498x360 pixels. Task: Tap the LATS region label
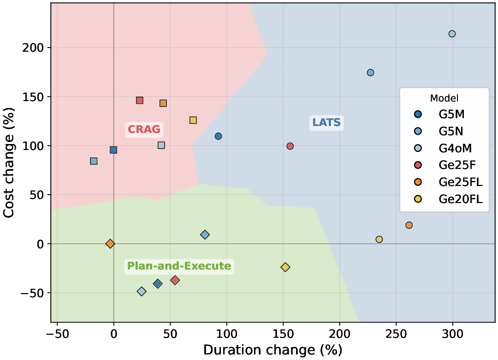(x=326, y=122)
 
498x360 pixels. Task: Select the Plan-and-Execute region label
(x=179, y=266)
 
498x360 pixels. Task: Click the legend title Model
(x=444, y=98)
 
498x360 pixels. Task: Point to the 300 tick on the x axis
(x=452, y=334)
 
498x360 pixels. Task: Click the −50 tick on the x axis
(x=57, y=334)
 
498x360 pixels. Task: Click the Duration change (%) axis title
(x=273, y=350)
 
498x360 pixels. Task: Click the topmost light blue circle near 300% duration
(x=452, y=34)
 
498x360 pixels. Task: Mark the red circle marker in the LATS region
(x=290, y=146)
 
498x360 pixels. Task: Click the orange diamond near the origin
(x=110, y=244)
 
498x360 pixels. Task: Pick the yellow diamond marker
(x=285, y=267)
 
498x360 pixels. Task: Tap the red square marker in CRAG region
(x=140, y=100)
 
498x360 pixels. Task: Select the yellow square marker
(x=193, y=120)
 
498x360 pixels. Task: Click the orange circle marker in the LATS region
(x=409, y=225)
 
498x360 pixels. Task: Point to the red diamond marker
(x=175, y=280)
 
